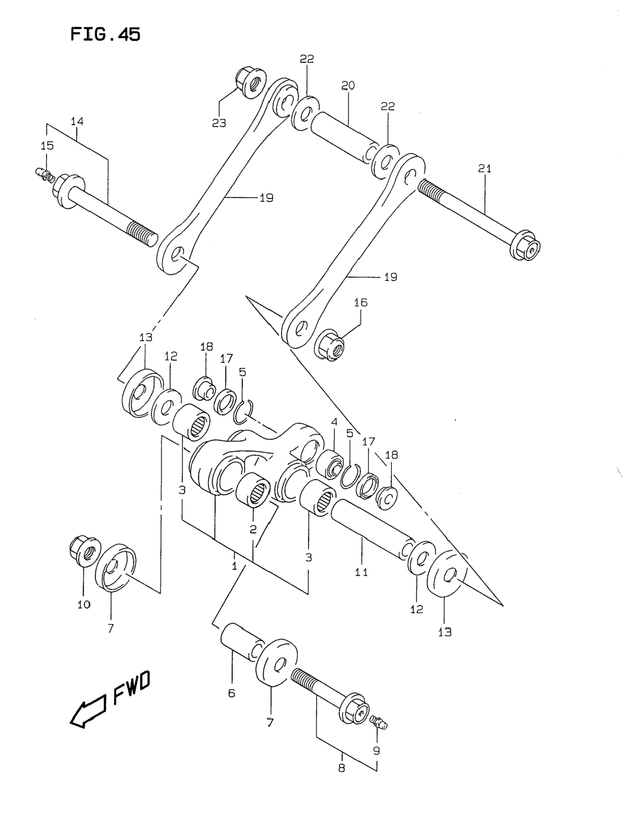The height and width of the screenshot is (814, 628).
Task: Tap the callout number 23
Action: pos(219,123)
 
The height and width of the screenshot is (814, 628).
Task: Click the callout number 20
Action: pos(348,85)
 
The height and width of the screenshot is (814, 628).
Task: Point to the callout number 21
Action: pos(485,169)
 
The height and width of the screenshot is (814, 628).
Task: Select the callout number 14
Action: pos(77,121)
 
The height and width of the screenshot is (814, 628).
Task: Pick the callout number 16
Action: pos(361,302)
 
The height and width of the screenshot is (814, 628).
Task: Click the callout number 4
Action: pos(334,422)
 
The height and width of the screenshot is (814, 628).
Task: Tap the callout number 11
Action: pos(361,572)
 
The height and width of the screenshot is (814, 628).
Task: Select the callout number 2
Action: pos(253,529)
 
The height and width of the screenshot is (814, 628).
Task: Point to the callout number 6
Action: pos(231,693)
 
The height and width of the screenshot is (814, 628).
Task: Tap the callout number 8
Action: pos(342,768)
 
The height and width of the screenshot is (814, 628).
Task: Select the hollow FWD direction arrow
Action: pos(88,710)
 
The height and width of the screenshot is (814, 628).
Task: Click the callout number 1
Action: pos(234,566)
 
